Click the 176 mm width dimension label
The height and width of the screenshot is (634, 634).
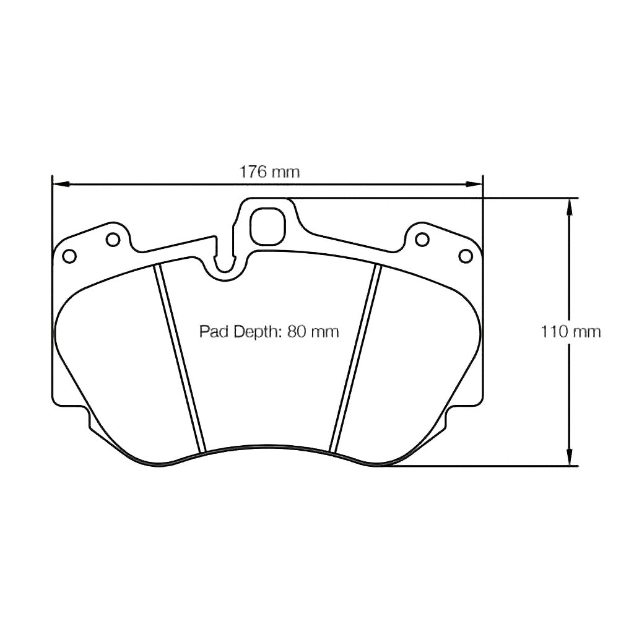pyautogui.click(x=269, y=172)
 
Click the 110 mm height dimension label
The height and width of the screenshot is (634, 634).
pyautogui.click(x=570, y=332)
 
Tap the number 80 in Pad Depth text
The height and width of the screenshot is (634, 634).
pyautogui.click(x=296, y=332)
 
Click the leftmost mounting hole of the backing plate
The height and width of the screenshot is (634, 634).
pyautogui.click(x=69, y=255)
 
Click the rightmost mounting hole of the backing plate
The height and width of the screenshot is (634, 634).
pyautogui.click(x=465, y=255)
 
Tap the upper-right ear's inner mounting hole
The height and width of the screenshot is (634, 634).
pyautogui.click(x=422, y=238)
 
